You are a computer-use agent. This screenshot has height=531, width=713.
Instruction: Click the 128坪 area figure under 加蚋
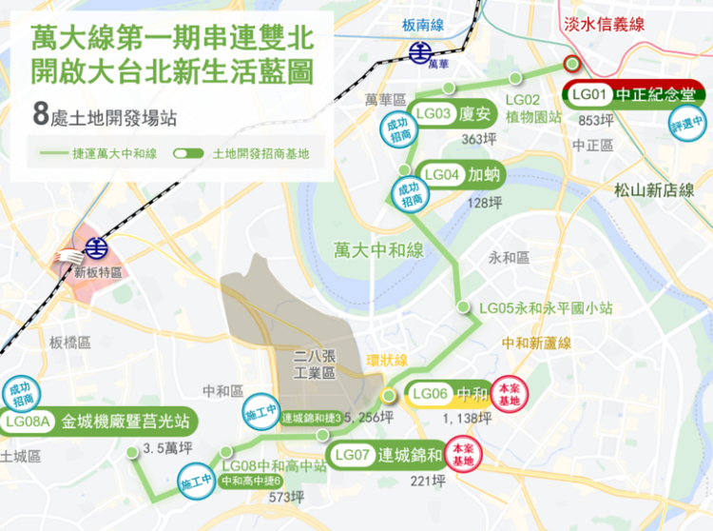click(x=484, y=202)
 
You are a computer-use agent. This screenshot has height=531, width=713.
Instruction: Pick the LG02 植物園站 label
click(x=532, y=108)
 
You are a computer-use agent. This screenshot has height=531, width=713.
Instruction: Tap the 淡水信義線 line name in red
click(x=632, y=23)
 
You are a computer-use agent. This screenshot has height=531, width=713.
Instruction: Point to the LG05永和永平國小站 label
click(x=546, y=308)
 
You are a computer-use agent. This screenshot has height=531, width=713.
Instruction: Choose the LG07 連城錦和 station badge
click(x=387, y=455)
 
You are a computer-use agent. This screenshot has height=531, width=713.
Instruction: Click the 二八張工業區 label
click(x=315, y=364)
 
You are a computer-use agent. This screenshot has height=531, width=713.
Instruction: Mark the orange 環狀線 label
click(x=387, y=361)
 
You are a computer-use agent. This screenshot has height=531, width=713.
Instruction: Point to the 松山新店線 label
click(x=654, y=190)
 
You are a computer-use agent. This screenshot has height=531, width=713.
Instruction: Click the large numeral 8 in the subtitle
click(x=40, y=115)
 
